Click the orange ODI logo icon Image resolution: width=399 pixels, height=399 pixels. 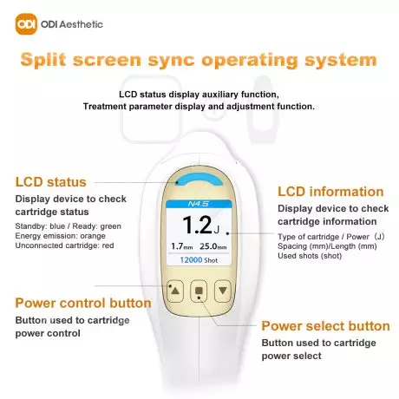pos(26,24)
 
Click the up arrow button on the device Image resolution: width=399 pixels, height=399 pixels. pos(175,291)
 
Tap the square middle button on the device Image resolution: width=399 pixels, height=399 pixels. pos(199,291)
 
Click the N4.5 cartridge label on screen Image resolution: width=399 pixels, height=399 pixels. pos(199,204)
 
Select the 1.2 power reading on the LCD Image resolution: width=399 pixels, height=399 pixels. pos(198,225)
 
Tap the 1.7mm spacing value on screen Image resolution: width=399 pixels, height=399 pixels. pos(182,246)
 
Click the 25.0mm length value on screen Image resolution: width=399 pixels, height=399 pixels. pos(213,246)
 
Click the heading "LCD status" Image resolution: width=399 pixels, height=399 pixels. pos(51,182)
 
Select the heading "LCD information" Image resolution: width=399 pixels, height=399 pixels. pos(330,192)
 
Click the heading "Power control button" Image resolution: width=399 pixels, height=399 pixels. pos(83,303)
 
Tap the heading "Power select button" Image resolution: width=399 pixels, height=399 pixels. pos(325,326)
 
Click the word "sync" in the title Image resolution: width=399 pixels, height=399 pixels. pos(172,60)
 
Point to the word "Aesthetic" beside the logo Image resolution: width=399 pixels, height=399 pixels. pos(82,24)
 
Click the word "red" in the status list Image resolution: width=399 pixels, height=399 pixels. pos(108,245)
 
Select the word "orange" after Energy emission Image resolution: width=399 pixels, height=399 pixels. pos(93,236)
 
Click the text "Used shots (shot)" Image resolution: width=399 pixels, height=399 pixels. pos(310,256)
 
